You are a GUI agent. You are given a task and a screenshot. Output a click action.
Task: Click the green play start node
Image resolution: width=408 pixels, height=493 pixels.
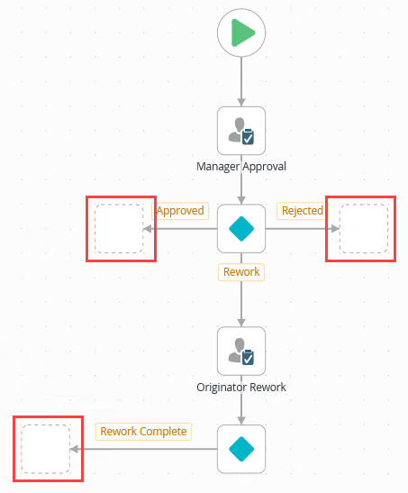coord(241,33)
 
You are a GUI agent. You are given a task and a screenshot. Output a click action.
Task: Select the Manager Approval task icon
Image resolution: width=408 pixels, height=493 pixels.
coord(241,131)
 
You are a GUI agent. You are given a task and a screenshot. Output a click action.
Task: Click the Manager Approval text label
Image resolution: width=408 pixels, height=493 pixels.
coord(241,167)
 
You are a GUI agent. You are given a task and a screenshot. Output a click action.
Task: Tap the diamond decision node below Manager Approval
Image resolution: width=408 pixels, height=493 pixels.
coord(241,229)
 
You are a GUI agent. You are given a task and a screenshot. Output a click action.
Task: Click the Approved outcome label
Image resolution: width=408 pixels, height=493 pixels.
coord(180,211)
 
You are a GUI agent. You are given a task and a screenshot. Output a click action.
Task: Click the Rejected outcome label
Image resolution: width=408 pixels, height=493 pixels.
coord(302,211)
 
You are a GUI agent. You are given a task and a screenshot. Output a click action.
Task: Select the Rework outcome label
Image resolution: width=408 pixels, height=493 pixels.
coord(241,271)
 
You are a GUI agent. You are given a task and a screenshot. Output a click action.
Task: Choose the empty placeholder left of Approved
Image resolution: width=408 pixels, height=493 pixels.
coord(120,229)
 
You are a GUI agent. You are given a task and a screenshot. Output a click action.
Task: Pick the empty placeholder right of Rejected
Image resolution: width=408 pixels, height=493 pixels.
coord(363,229)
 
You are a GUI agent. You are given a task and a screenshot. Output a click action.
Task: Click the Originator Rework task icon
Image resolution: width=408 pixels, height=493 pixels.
coord(241,351)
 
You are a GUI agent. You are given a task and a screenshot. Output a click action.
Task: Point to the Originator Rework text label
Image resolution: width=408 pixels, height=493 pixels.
coord(241,388)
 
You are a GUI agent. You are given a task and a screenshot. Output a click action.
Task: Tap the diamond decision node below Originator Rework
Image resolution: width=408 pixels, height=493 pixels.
coord(241,448)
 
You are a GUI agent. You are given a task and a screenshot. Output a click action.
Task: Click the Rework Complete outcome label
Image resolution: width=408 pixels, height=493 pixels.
coord(143,431)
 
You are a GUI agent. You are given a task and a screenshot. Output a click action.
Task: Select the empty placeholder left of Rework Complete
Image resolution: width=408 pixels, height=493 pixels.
coord(46,448)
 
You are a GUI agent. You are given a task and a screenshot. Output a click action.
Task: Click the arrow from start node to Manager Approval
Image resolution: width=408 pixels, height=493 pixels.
coord(241,81)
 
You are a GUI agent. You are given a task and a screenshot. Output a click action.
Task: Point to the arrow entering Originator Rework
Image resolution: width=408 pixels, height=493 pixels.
coord(241,306)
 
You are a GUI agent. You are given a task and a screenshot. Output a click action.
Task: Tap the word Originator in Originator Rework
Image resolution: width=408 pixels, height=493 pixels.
coord(222,388)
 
